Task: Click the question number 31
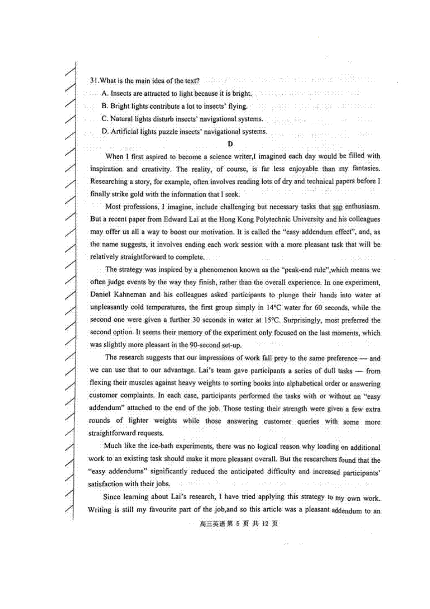tap(94, 81)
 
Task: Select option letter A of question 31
tap(104, 94)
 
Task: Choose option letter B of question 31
tap(104, 106)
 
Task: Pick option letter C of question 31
tap(104, 119)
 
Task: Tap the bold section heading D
tap(230, 144)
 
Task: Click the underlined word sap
tap(337, 207)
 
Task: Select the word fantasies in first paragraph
tap(366, 168)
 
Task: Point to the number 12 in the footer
tap(265, 524)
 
